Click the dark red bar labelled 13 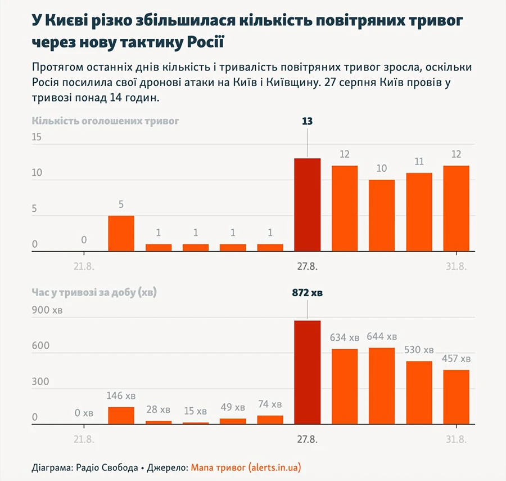[x=307, y=204]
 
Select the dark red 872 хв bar [x=307, y=372]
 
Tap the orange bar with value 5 [x=121, y=233]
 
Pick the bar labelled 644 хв [x=382, y=386]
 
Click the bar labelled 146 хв [x=121, y=415]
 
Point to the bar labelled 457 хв [x=457, y=397]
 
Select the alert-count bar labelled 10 [x=382, y=215]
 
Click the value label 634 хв [x=344, y=337]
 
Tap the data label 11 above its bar [x=419, y=161]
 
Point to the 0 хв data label [x=84, y=413]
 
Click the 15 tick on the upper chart [x=37, y=137]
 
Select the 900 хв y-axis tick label [x=47, y=310]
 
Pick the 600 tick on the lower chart [x=40, y=346]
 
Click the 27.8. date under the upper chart [x=307, y=266]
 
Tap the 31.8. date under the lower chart [x=457, y=439]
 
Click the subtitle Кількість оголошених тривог [x=105, y=121]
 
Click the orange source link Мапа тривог [x=218, y=467]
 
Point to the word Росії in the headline [x=206, y=42]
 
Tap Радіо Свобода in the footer [x=107, y=467]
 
